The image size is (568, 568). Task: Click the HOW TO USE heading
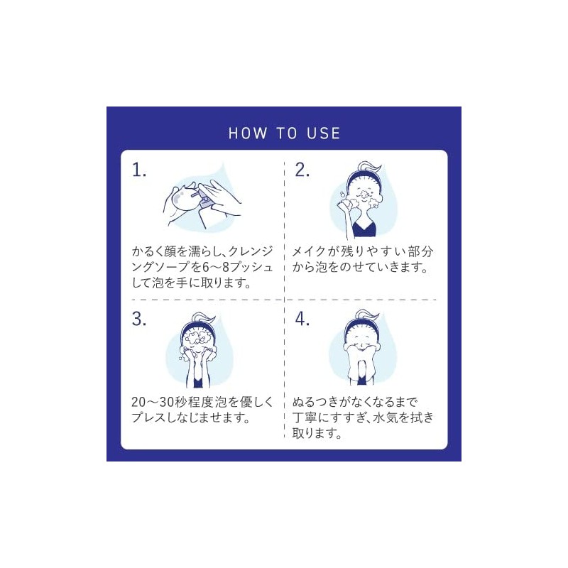click(x=284, y=133)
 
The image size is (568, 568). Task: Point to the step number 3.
click(x=139, y=319)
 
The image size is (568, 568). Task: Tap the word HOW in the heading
click(x=245, y=133)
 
